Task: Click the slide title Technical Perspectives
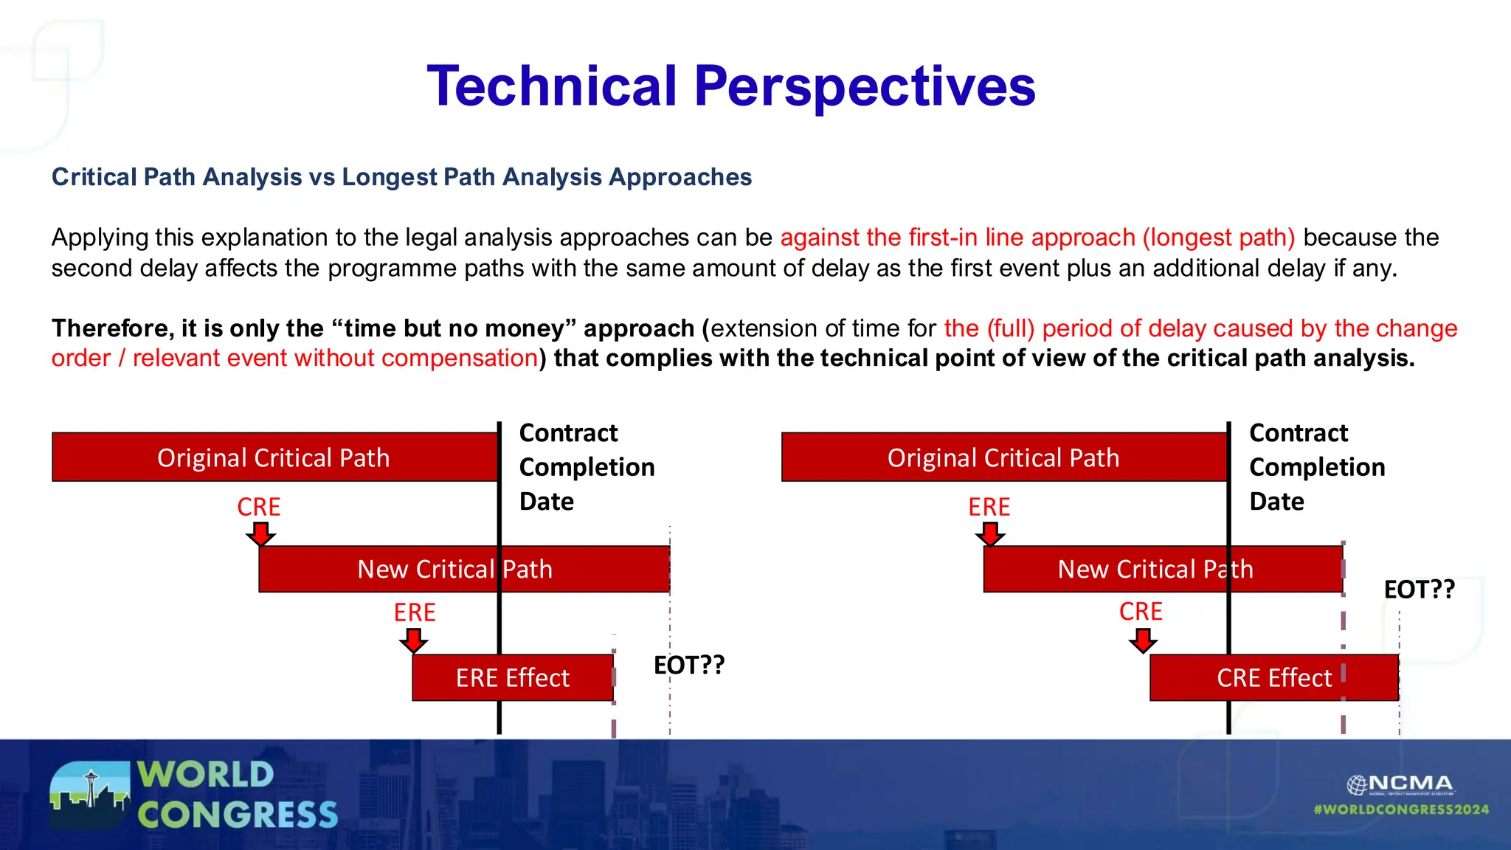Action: click(731, 86)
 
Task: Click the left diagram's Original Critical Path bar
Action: click(274, 457)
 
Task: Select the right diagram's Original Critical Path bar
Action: click(1003, 457)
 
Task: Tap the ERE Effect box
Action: click(513, 677)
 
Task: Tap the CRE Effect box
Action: click(1273, 677)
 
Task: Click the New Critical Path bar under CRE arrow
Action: click(463, 569)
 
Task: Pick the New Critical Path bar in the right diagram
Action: click(1162, 569)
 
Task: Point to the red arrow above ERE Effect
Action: click(414, 640)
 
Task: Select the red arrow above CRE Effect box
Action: click(1143, 640)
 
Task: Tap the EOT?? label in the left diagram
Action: click(689, 665)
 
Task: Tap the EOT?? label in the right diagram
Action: click(1419, 590)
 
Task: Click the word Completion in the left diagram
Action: click(587, 467)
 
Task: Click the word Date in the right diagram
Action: click(1276, 502)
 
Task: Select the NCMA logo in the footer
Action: click(1400, 784)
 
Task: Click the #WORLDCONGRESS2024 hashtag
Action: click(1401, 809)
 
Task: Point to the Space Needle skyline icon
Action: click(90, 794)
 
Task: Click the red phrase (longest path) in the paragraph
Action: click(1219, 238)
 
